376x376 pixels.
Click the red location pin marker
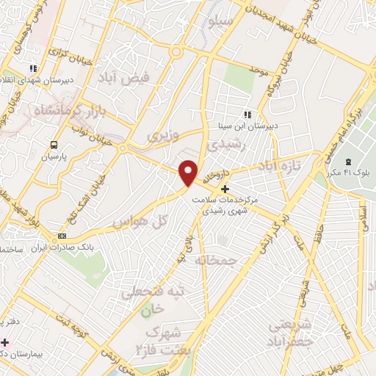pyautogui.click(x=189, y=172)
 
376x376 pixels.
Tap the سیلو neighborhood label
pyautogui.click(x=222, y=21)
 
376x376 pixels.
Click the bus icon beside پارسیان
pyautogui.click(x=53, y=144)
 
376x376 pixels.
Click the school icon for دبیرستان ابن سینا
pyautogui.click(x=247, y=115)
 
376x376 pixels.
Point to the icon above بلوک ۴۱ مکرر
pyautogui.click(x=348, y=162)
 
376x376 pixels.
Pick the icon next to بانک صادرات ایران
pyautogui.click(x=62, y=236)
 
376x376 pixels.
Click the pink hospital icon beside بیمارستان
pyautogui.click(x=5, y=343)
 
